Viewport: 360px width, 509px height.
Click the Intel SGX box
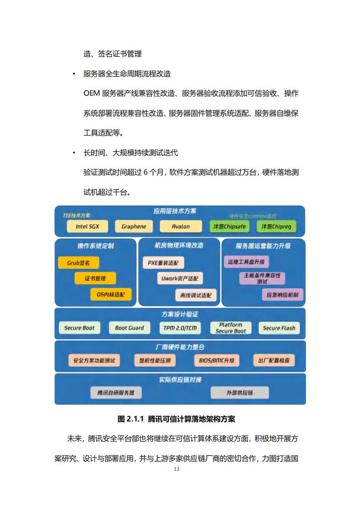pos(88,226)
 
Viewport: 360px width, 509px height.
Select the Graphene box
pos(134,226)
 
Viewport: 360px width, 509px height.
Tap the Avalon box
pos(181,226)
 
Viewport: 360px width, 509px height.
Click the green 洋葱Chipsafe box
pos(229,226)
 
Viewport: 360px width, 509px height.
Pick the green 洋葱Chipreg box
pos(276,226)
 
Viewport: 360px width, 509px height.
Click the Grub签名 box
pos(78,263)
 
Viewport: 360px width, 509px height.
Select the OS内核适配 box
pos(111,294)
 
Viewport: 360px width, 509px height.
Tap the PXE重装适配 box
pos(163,263)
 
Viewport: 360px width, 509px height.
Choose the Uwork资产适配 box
pos(180,278)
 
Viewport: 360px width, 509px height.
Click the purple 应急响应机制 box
pos(282,295)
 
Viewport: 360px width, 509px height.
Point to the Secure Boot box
pos(79,328)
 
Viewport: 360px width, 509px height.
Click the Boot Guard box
pos(129,328)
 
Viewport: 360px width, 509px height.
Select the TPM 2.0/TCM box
pos(180,328)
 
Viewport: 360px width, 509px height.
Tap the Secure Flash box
pos(279,328)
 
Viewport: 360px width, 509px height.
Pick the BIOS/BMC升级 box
pos(217,360)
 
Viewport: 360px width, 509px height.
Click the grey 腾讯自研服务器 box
pos(116,392)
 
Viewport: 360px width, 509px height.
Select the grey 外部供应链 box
pos(240,392)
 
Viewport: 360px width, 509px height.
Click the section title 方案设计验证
pos(180,314)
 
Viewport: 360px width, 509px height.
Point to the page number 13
pos(177,469)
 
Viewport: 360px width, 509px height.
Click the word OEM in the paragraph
pos(92,93)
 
